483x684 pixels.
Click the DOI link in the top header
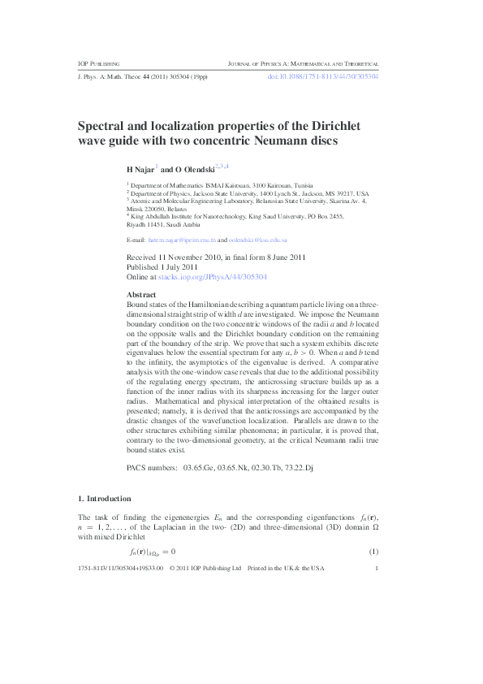coord(323,76)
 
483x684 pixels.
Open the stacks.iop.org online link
coord(213,277)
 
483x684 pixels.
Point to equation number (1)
coord(374,553)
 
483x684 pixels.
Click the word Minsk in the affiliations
coord(136,208)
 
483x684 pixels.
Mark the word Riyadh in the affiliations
coord(136,224)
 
